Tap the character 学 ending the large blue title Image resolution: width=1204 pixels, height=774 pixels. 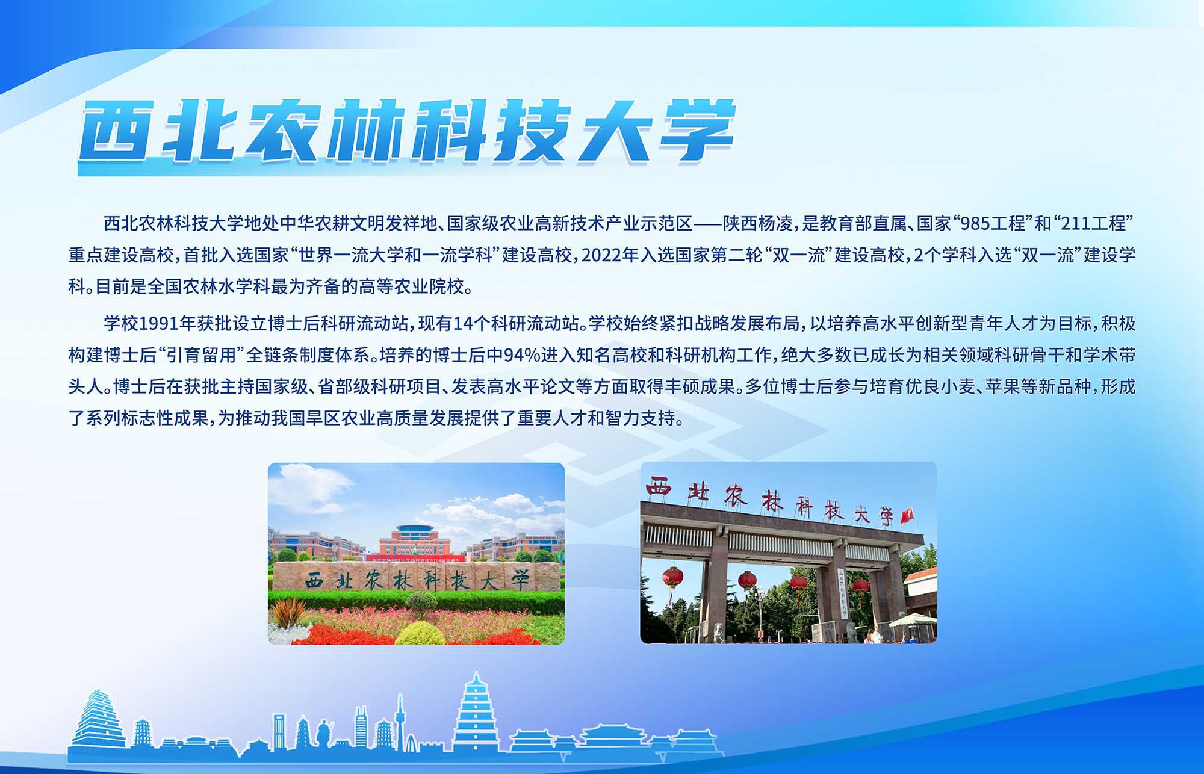pyautogui.click(x=698, y=131)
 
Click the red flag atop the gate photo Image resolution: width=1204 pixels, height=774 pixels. pyautogui.click(x=907, y=515)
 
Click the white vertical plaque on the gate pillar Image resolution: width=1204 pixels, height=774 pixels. pyautogui.click(x=842, y=593)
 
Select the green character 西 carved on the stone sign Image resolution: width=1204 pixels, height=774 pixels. pyautogui.click(x=315, y=581)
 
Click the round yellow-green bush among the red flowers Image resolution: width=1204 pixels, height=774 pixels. pyautogui.click(x=420, y=633)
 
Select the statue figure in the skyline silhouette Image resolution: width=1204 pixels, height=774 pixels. pyautogui.click(x=324, y=733)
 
